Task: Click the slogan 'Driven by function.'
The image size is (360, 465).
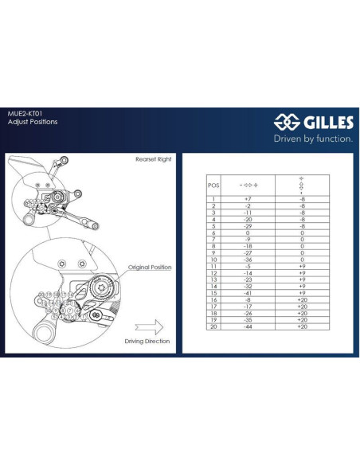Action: pyautogui.click(x=313, y=138)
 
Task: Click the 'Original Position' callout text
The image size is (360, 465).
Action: pyautogui.click(x=149, y=268)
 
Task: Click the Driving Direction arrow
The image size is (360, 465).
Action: pyautogui.click(x=149, y=326)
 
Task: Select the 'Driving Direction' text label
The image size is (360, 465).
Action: pyautogui.click(x=147, y=341)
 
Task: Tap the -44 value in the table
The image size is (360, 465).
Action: pyautogui.click(x=248, y=326)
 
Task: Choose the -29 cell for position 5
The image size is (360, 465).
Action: pyautogui.click(x=248, y=225)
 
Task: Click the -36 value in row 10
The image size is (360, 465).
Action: pyautogui.click(x=248, y=259)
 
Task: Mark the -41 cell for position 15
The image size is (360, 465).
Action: pyautogui.click(x=248, y=293)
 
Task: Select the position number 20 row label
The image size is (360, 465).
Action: pyautogui.click(x=213, y=326)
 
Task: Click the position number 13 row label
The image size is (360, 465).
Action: pyautogui.click(x=213, y=279)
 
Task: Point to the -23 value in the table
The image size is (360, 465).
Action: pyautogui.click(x=248, y=279)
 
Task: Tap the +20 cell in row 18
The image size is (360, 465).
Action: pyautogui.click(x=302, y=313)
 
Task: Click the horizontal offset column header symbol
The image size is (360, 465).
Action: pyautogui.click(x=248, y=184)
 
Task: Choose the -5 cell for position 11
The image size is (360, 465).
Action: pyautogui.click(x=248, y=266)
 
